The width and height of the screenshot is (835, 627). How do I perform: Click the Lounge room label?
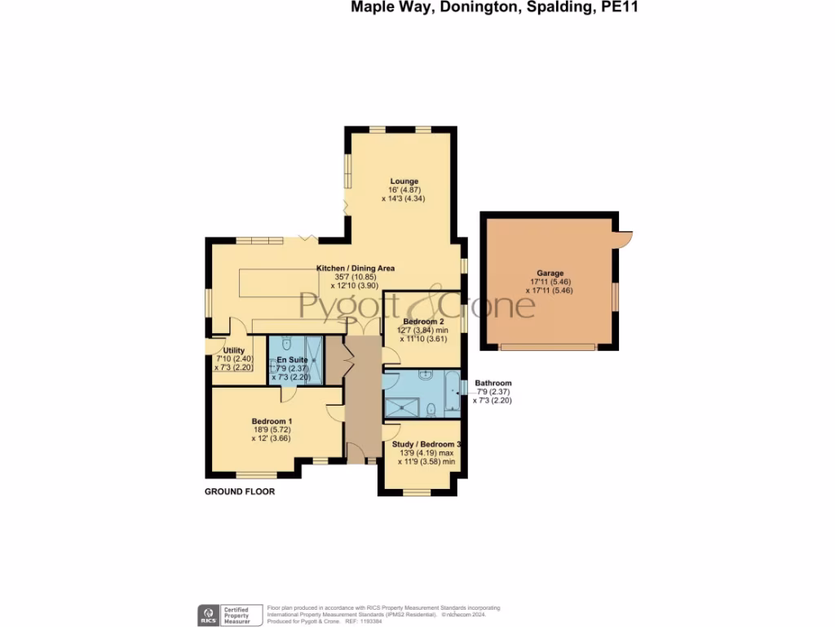tap(404, 181)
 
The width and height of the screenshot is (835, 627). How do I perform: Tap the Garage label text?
tap(550, 273)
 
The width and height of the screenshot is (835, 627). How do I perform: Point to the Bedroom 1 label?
tap(272, 421)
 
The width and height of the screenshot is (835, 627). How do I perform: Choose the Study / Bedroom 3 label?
tap(426, 445)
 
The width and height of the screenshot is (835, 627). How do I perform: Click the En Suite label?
tap(292, 360)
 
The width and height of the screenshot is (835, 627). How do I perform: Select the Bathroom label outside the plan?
tap(493, 383)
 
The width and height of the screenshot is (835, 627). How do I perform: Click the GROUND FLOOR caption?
tap(239, 492)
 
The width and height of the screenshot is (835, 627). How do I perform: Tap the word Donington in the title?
tap(462, 7)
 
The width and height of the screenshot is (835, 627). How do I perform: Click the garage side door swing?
tap(625, 238)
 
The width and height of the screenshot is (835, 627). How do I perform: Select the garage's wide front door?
tap(547, 347)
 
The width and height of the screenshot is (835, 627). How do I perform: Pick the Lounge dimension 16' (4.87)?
tap(404, 190)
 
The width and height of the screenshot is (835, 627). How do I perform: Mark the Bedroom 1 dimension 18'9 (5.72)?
tap(272, 430)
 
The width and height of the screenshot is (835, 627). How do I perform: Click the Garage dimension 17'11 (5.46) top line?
tap(550, 282)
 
